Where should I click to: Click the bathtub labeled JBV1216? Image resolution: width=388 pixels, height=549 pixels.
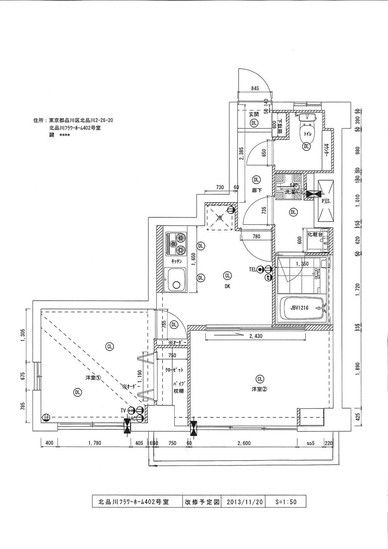point(301,309)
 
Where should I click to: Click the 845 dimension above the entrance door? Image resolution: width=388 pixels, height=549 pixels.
point(255,89)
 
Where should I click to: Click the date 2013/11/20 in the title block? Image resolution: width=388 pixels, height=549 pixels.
point(244,501)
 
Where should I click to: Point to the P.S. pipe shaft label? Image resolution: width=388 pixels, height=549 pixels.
point(325,201)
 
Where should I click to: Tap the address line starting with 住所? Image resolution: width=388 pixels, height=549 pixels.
point(74,121)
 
